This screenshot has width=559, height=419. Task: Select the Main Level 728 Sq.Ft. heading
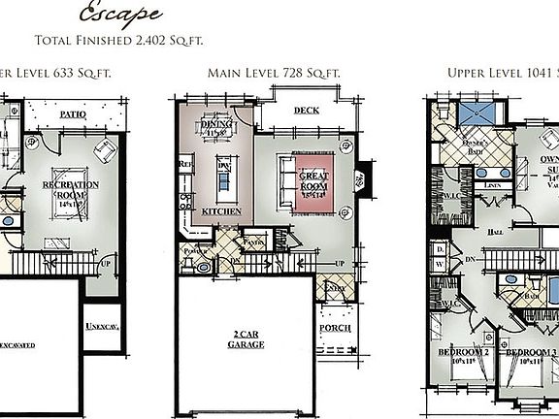pyautogui.click(x=274, y=73)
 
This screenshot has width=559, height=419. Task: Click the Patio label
pyautogui.click(x=74, y=113)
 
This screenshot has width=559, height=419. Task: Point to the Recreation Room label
pyautogui.click(x=69, y=186)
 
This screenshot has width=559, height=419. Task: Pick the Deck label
pyautogui.click(x=307, y=111)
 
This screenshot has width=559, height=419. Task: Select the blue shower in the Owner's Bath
pyautogui.click(x=476, y=113)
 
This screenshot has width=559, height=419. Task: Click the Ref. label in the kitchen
pyautogui.click(x=185, y=166)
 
